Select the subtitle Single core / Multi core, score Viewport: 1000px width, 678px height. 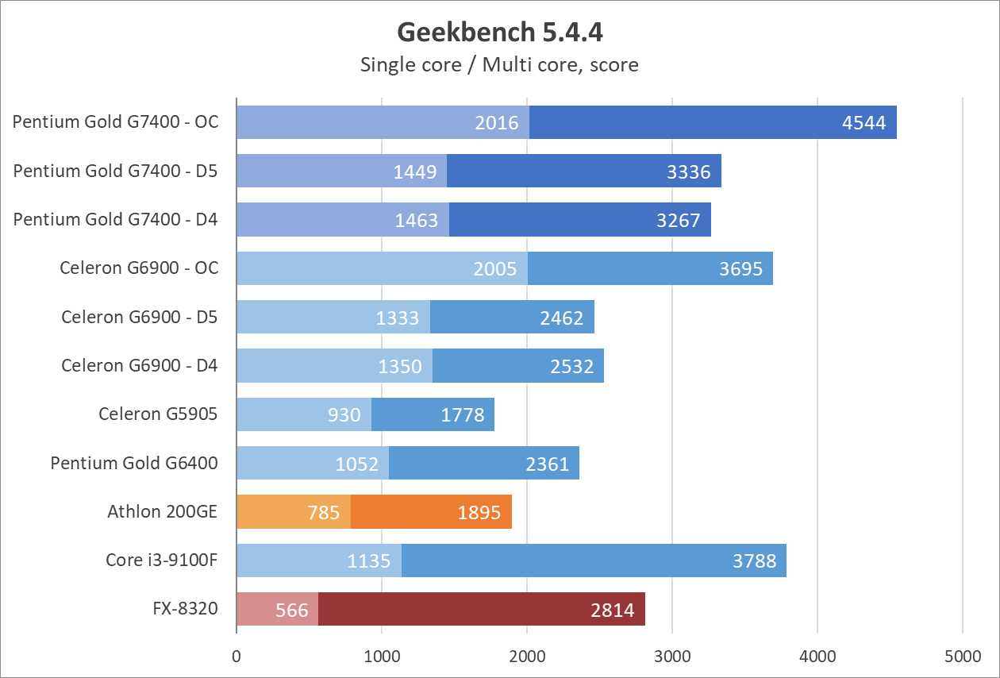pyautogui.click(x=499, y=64)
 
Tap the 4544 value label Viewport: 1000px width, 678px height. pyautogui.click(x=864, y=122)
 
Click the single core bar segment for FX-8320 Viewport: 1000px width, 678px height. pyautogui.click(x=277, y=609)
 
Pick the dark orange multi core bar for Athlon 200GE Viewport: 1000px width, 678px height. pyautogui.click(x=431, y=511)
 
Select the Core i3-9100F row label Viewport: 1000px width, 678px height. pyautogui.click(x=162, y=561)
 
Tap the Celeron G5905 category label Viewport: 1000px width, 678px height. pyautogui.click(x=158, y=414)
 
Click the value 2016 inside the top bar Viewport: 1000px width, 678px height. pyautogui.click(x=497, y=122)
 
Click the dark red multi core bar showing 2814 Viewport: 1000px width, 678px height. pyautogui.click(x=481, y=609)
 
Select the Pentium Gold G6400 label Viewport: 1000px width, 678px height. pyautogui.click(x=134, y=463)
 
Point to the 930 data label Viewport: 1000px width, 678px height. pyautogui.click(x=344, y=414)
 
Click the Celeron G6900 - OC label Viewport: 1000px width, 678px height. pyautogui.click(x=139, y=268)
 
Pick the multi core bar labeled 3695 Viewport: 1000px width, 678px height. pyautogui.click(x=650, y=268)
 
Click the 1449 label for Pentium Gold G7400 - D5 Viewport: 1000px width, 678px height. pyautogui.click(x=415, y=171)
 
